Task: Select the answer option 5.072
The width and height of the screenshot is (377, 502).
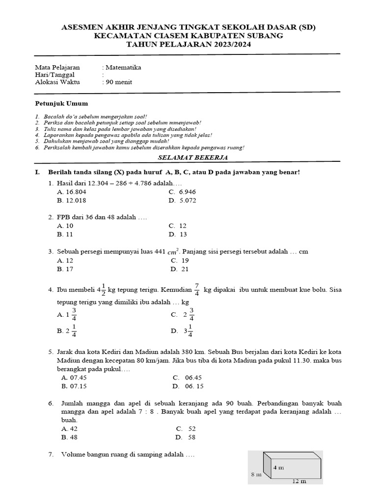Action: click(x=186, y=200)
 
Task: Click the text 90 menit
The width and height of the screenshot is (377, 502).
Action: click(x=118, y=82)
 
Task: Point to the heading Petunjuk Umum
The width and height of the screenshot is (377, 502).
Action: click(x=61, y=103)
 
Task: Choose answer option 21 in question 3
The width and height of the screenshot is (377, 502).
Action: click(x=184, y=269)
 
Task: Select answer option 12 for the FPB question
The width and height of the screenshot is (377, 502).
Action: click(x=182, y=226)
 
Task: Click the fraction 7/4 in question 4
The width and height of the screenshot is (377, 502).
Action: click(x=197, y=290)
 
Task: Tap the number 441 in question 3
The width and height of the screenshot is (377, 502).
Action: click(x=160, y=251)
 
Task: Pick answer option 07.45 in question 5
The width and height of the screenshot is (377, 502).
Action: click(x=75, y=377)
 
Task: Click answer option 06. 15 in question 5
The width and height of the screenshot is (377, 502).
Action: click(x=192, y=386)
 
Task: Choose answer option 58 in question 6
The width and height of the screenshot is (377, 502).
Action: click(x=191, y=437)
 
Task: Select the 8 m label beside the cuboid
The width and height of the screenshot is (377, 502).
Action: click(x=256, y=475)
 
